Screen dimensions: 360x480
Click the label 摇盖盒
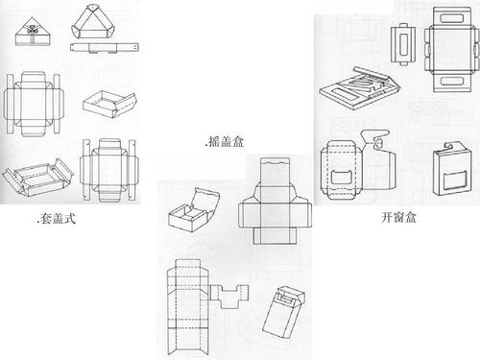tap(226, 141)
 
